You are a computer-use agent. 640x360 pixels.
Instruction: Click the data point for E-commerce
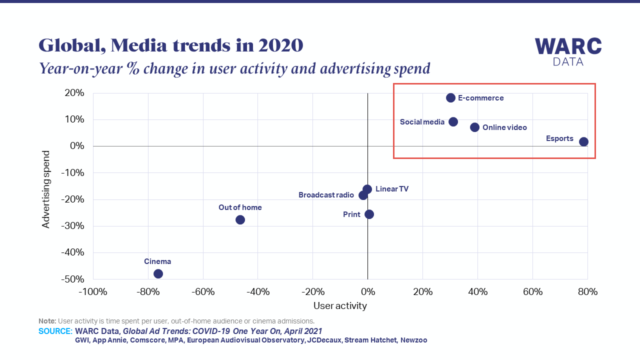[450, 98]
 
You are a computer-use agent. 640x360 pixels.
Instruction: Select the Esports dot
[583, 142]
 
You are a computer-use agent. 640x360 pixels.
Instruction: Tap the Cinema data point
[158, 273]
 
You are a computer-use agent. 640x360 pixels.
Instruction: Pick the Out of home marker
[240, 219]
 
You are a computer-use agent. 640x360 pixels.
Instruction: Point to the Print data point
[369, 214]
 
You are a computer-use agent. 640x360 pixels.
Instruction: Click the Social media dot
[453, 122]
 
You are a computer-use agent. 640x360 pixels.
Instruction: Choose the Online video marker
[474, 127]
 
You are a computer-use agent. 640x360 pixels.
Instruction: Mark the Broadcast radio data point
[363, 195]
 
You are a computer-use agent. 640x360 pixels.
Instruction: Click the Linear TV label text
[392, 189]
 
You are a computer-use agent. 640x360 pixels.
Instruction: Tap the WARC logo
[568, 51]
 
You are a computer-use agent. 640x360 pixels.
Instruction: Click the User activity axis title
[340, 305]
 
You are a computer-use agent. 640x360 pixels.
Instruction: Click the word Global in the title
[70, 46]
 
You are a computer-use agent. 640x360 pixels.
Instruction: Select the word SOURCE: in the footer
[55, 331]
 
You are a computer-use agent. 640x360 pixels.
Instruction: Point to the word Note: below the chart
[47, 321]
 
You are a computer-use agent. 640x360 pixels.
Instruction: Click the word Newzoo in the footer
[413, 340]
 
